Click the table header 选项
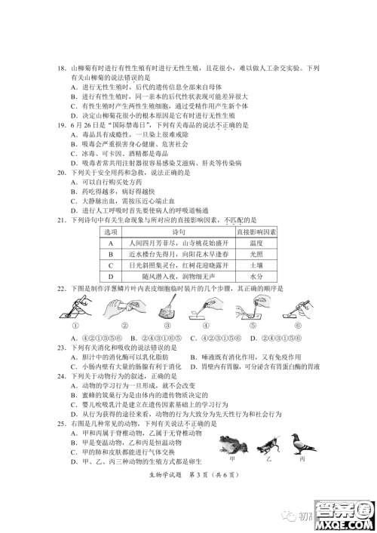tap(111, 232)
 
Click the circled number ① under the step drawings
tap(75, 326)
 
